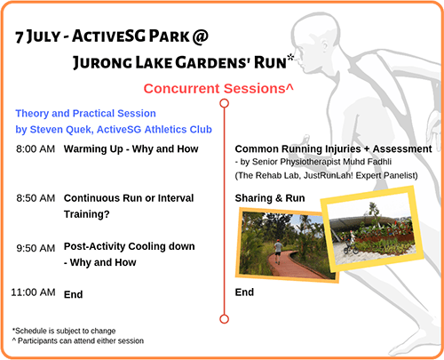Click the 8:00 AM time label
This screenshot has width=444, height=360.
[x=36, y=148]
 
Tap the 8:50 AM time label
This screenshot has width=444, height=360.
[x=36, y=198]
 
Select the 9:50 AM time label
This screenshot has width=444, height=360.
[x=36, y=248]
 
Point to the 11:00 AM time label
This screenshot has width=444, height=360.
[x=33, y=292]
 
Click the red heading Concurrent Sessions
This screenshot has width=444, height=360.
[x=218, y=89]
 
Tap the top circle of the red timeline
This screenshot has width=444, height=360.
[x=225, y=103]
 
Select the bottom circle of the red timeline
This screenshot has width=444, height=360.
[x=225, y=319]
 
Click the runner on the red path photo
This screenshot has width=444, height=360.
[x=278, y=252]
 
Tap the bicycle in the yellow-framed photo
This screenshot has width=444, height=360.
[x=351, y=247]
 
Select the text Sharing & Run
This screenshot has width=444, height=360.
[x=270, y=198]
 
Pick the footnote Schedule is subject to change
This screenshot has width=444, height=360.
[x=64, y=331]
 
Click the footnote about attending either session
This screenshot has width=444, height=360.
[x=78, y=341]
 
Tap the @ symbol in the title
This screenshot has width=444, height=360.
[x=201, y=36]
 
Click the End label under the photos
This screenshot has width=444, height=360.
[x=244, y=292]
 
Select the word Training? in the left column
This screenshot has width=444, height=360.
[x=87, y=214]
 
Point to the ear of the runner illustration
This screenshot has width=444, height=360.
[x=325, y=47]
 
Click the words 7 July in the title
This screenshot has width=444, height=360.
[x=37, y=37]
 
